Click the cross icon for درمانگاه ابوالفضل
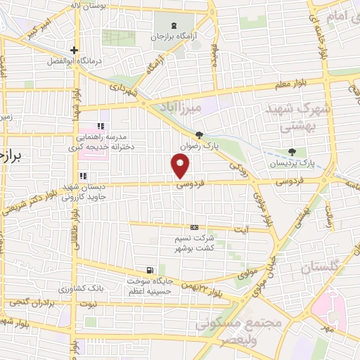point(74,50)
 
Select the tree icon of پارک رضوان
point(200,135)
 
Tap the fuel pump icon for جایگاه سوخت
point(149,270)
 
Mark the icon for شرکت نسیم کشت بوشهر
point(194,227)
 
